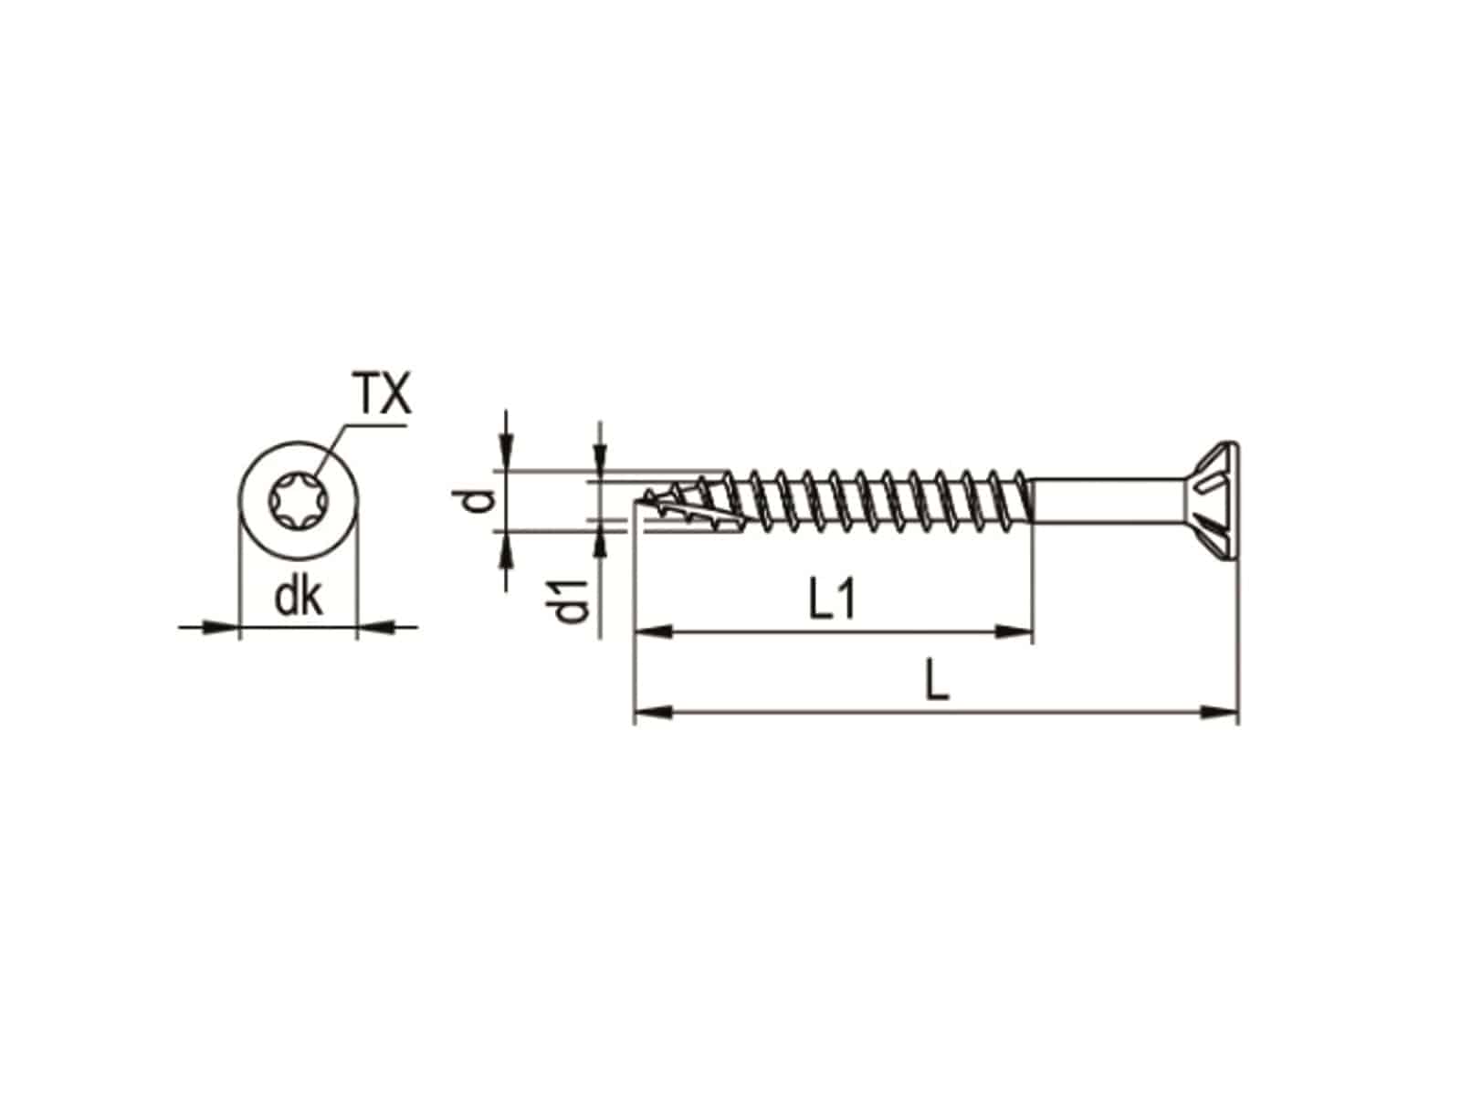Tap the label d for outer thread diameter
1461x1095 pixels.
(481, 500)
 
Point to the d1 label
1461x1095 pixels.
(572, 601)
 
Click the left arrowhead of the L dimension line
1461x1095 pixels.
(652, 711)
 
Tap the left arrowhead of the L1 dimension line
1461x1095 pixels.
(652, 630)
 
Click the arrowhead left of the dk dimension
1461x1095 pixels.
(219, 627)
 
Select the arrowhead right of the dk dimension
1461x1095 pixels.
(374, 627)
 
